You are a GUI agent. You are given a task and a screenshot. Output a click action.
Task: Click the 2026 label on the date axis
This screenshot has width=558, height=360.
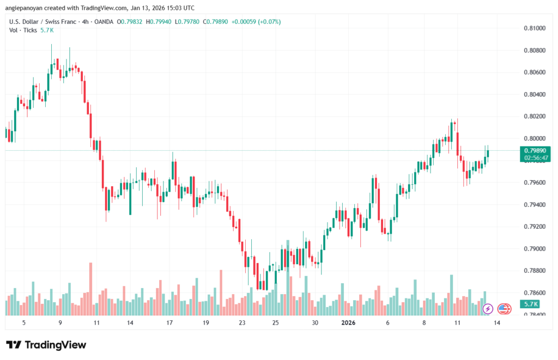pos(348,322)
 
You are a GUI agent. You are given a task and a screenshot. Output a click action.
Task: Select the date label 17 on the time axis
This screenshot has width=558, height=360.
pos(169,322)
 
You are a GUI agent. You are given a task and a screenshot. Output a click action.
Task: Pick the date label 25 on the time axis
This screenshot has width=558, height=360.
pos(275,322)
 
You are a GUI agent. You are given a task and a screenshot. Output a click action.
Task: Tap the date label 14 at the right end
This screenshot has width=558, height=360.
pos(497,322)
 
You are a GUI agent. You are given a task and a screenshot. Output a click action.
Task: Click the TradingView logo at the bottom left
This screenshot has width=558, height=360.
pos(46,345)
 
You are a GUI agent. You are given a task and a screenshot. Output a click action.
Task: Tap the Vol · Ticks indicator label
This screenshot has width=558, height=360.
pos(23,30)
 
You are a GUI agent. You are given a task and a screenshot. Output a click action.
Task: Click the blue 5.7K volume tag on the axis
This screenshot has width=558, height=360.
pos(530,304)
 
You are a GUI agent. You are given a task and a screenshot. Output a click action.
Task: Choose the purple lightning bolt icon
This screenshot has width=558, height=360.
pos(488,309)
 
